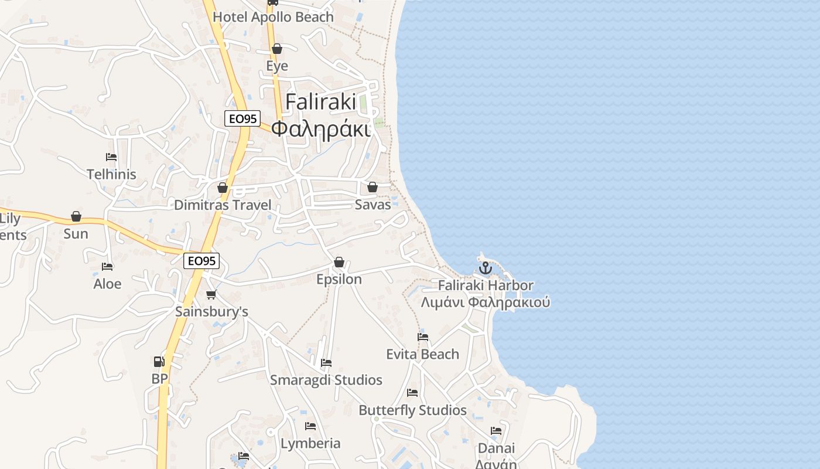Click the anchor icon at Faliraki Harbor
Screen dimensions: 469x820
pyautogui.click(x=485, y=269)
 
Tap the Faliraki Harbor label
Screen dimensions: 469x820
pyautogui.click(x=486, y=286)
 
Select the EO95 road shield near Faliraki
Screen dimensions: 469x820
pyautogui.click(x=242, y=118)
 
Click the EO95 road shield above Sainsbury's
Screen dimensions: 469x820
pyautogui.click(x=201, y=261)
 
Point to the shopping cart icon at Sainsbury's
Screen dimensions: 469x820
pyautogui.click(x=211, y=294)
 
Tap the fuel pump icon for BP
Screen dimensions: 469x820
pyautogui.click(x=159, y=362)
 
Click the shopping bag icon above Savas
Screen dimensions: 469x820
pyautogui.click(x=372, y=188)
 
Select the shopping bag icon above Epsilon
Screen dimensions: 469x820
pyautogui.click(x=339, y=262)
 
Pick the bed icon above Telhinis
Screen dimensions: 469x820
pyautogui.click(x=111, y=157)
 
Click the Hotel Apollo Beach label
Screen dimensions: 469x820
pyautogui.click(x=273, y=17)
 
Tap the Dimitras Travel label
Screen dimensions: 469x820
pyautogui.click(x=223, y=205)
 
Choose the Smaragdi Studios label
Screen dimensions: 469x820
pyautogui.click(x=326, y=380)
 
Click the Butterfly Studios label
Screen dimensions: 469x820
pyautogui.click(x=412, y=410)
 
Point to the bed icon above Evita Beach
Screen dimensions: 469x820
pyautogui.click(x=422, y=337)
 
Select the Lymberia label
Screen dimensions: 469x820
pyautogui.click(x=310, y=443)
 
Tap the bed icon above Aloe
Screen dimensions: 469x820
pyautogui.click(x=107, y=267)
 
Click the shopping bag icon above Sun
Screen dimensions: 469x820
pyautogui.click(x=76, y=216)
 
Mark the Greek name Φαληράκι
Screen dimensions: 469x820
pyautogui.click(x=322, y=129)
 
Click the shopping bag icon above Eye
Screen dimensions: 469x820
pyautogui.click(x=277, y=49)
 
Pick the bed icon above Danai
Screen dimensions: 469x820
pyautogui.click(x=496, y=431)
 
